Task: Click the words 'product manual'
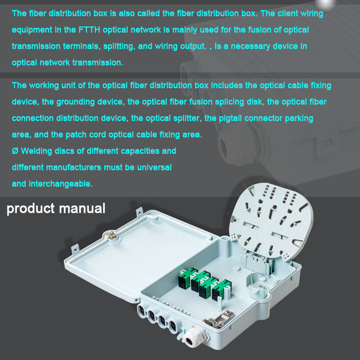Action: coord(56,208)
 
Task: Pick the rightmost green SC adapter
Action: coord(220,290)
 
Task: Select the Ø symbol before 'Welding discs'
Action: coord(15,151)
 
